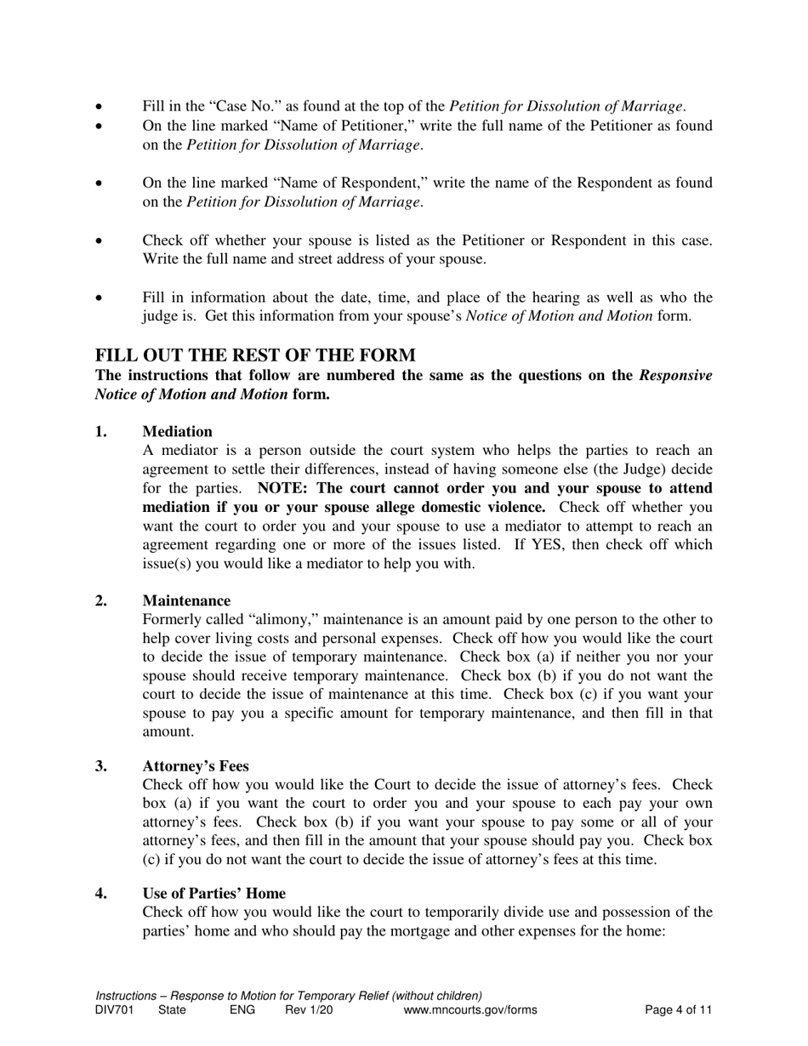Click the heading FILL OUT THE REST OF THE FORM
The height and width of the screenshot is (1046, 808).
tap(255, 355)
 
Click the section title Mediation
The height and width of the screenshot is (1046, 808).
tap(177, 431)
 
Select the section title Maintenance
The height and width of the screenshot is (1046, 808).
tap(186, 601)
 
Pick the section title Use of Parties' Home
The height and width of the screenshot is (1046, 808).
tap(213, 894)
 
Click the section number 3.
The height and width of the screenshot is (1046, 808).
tap(101, 766)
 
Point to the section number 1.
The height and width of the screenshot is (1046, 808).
tap(101, 431)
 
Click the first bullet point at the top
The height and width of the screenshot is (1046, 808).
tap(100, 107)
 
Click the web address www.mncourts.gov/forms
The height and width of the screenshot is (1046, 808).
tap(470, 1010)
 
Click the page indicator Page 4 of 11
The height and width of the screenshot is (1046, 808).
tap(678, 1010)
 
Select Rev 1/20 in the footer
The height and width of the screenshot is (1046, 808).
tap(309, 1010)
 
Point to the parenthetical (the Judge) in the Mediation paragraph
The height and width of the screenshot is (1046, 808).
tap(650, 469)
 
